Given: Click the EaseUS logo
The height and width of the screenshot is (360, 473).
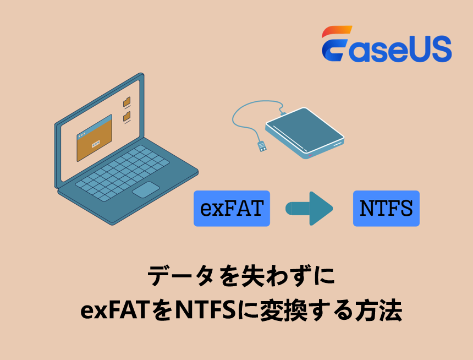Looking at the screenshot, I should click(x=387, y=43).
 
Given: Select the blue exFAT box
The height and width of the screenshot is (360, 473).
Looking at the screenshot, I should click(x=232, y=209).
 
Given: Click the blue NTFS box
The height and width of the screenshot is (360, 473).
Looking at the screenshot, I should click(x=386, y=209).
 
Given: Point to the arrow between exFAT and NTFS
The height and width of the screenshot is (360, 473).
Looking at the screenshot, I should click(x=310, y=209).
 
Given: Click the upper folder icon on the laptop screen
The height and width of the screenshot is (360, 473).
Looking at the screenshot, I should click(x=127, y=102).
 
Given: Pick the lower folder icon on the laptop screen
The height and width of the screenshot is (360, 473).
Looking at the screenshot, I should click(x=127, y=116).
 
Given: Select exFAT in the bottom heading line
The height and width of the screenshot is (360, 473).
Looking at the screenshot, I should click(x=116, y=312).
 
